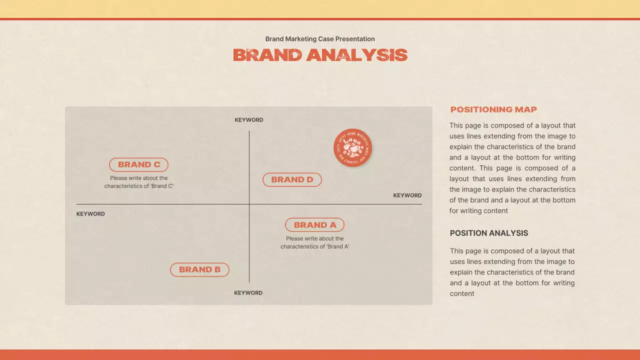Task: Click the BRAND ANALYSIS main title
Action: (320, 55)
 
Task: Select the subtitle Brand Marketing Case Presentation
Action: (320, 39)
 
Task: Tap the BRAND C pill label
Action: (139, 164)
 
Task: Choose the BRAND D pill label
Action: (292, 179)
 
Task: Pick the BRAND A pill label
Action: (314, 225)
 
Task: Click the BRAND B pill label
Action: (199, 269)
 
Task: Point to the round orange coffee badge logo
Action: (353, 147)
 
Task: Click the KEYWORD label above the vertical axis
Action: (249, 120)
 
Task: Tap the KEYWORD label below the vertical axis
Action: (248, 293)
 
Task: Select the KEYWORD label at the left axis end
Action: (90, 214)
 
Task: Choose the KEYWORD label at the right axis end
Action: (407, 195)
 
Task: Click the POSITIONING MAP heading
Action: (493, 109)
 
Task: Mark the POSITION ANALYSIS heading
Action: (489, 233)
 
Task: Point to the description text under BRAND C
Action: (139, 182)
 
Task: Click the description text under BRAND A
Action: (314, 242)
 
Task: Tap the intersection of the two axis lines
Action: (249, 204)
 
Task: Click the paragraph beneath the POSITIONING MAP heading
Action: (512, 168)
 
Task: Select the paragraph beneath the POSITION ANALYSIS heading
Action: (512, 272)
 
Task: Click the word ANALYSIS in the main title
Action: (357, 55)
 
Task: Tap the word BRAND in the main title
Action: (267, 55)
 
